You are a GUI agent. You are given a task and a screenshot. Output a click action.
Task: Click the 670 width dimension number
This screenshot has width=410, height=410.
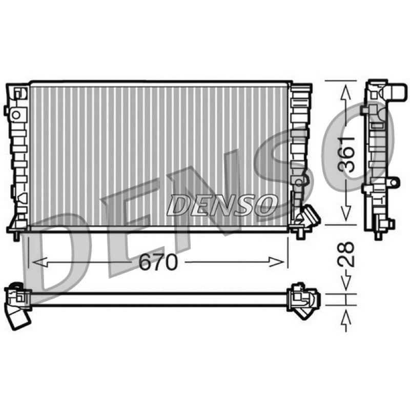158,262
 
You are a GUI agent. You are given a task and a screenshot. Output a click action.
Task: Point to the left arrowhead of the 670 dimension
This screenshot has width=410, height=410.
40,262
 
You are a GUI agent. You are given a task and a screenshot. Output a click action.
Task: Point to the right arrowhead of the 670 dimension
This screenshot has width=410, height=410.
277,262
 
